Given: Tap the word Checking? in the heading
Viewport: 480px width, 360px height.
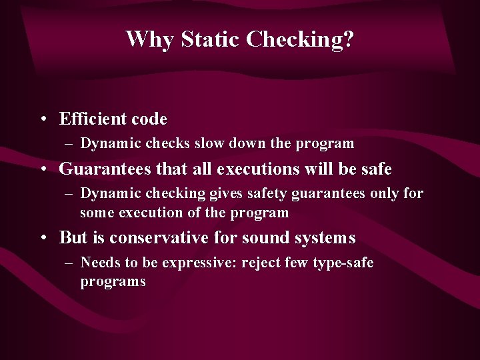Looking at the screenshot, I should [x=300, y=40].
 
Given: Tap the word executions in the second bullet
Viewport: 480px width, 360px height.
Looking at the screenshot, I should [x=253, y=169].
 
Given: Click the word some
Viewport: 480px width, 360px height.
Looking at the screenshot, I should [x=95, y=213].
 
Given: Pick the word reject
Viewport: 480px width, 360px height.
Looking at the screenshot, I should [x=261, y=263].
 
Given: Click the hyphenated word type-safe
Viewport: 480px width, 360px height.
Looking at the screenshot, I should [x=341, y=263].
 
